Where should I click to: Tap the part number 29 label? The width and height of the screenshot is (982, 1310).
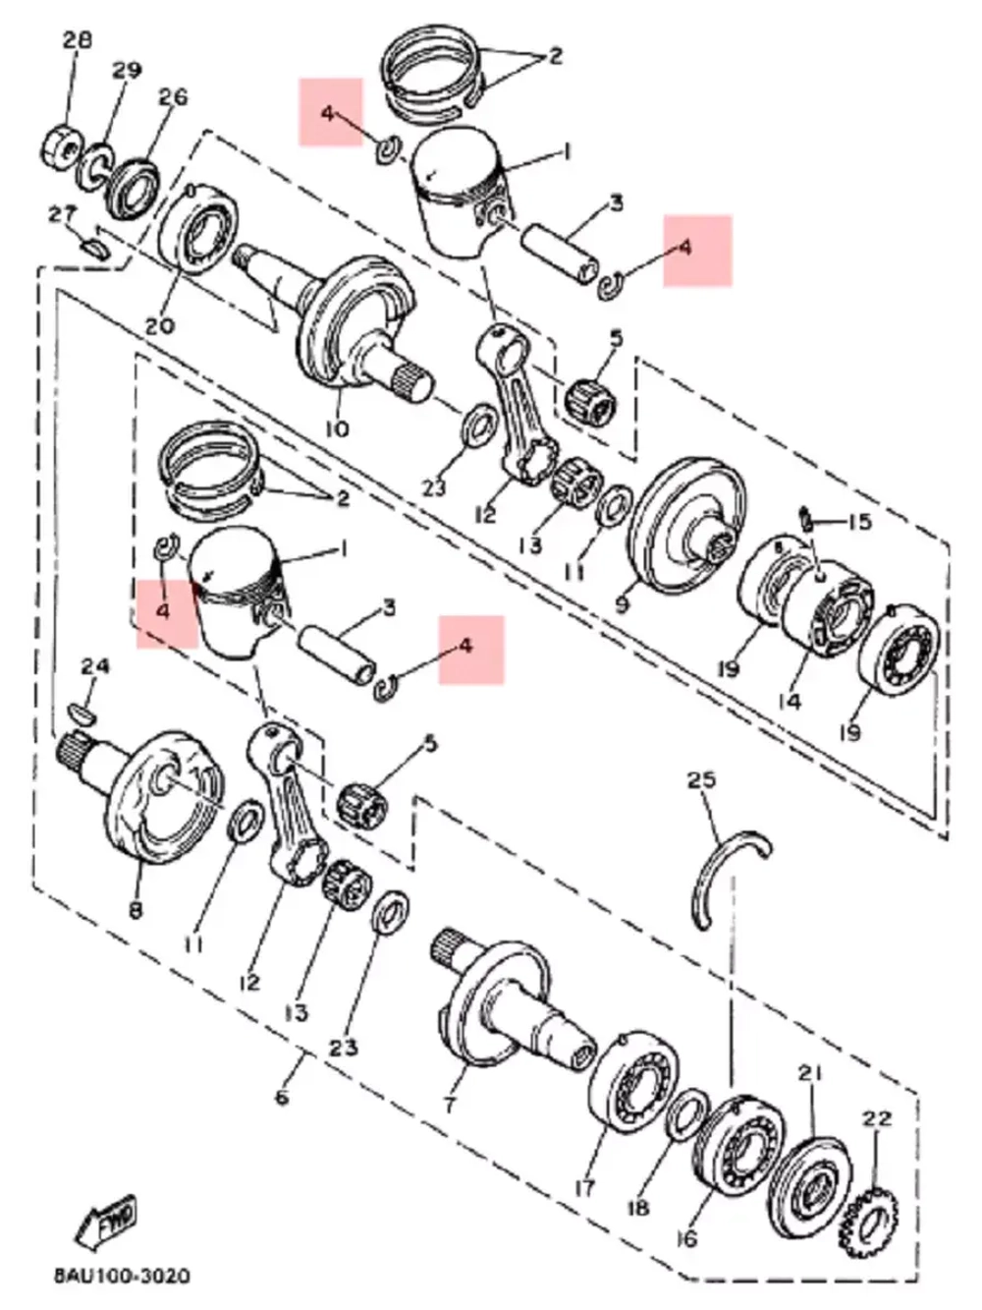pyautogui.click(x=127, y=71)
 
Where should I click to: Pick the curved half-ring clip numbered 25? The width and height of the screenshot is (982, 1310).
pyautogui.click(x=727, y=875)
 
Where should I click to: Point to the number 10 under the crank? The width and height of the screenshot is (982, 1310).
pyautogui.click(x=336, y=428)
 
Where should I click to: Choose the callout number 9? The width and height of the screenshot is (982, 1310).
pyautogui.click(x=622, y=605)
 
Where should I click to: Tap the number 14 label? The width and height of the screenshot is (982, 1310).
pyautogui.click(x=789, y=701)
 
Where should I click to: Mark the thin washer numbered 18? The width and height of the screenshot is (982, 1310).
pyautogui.click(x=688, y=1116)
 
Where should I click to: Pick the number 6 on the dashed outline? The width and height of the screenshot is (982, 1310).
pyautogui.click(x=282, y=1095)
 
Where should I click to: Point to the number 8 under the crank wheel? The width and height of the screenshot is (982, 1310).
pyautogui.click(x=135, y=909)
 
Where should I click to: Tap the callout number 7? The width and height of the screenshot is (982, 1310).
pyautogui.click(x=449, y=1105)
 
